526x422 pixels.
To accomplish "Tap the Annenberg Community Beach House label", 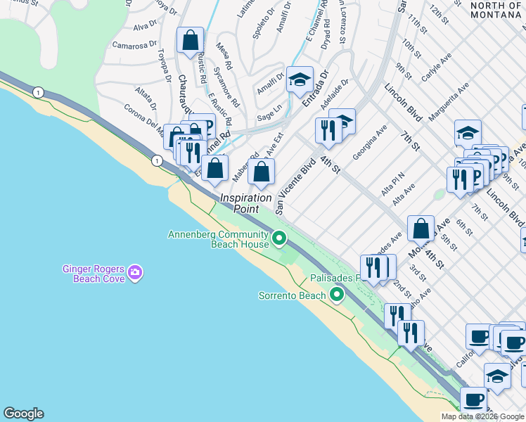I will tap(218, 239).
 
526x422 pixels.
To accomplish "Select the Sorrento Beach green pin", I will tap(337, 295).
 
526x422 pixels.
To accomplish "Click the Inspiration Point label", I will tap(246, 203).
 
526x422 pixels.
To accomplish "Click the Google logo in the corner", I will tap(23, 414).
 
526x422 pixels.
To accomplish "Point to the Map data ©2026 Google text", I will tap(482, 416).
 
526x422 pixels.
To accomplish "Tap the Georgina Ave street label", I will tap(370, 142).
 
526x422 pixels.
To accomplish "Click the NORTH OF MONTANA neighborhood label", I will tap(496, 10).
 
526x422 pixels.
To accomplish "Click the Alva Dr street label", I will tap(144, 26).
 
